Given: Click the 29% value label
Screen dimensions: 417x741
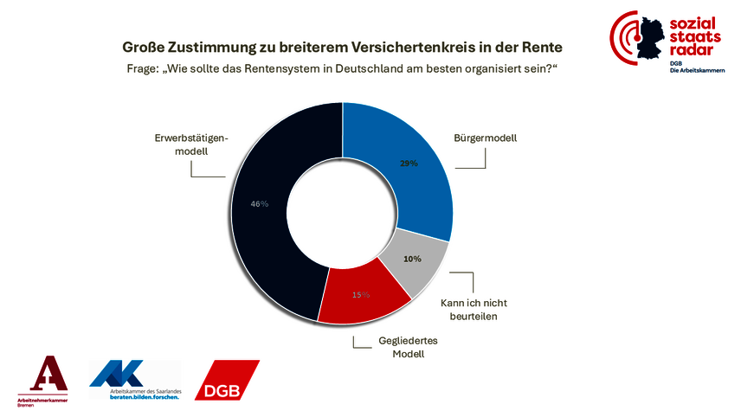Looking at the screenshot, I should (409, 163).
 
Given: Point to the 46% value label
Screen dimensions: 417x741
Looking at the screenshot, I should (260, 204).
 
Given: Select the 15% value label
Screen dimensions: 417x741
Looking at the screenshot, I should (360, 294).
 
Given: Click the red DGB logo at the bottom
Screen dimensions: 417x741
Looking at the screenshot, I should (227, 381).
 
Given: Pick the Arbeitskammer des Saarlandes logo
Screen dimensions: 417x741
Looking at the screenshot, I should (133, 382).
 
